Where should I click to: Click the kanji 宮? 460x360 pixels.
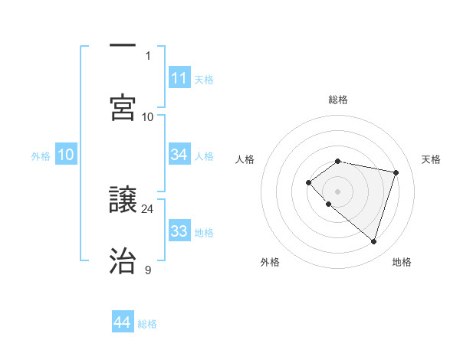coord(123,107)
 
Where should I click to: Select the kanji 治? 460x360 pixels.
coord(123,260)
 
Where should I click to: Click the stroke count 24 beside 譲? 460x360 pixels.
coord(148,208)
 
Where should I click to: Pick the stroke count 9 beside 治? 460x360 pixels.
coord(148,270)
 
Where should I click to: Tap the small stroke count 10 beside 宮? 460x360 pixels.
coord(148,116)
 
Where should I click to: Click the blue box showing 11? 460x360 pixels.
coord(179,78)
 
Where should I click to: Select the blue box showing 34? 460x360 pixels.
coord(179,155)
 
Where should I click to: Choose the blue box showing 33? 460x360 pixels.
coord(179,231)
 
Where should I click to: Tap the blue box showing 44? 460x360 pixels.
coord(123,322)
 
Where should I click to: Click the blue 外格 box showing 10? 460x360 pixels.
coord(66,155)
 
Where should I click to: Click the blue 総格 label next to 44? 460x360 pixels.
coord(148,324)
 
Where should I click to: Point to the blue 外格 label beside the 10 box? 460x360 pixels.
coord(41,156)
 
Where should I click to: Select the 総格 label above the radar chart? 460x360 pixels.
coord(338,100)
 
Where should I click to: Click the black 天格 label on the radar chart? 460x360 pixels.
coord(432,159)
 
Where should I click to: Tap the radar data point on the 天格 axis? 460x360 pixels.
coord(396,172)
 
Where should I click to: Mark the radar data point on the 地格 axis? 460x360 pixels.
coord(373,241)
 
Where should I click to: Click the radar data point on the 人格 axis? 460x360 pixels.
coord(308,182)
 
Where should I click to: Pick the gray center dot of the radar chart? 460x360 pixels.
coord(338,191)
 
